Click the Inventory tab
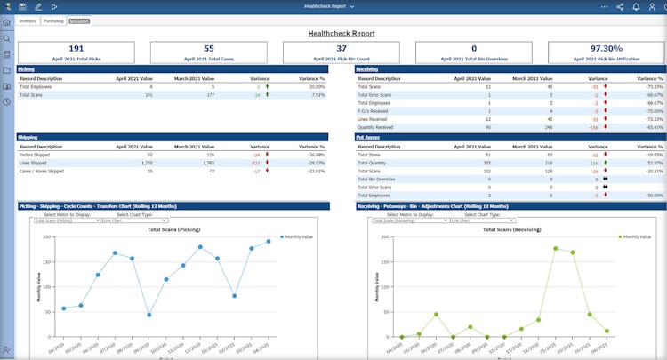[x=27, y=20]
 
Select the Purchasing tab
[x=53, y=20]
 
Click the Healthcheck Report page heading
[x=342, y=33]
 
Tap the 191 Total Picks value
[x=76, y=49]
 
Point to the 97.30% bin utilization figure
[x=607, y=49]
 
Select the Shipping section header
[x=27, y=137]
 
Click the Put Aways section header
[x=367, y=137]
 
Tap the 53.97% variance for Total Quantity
[x=653, y=163]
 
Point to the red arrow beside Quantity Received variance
[x=605, y=127]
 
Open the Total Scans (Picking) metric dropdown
[x=68, y=220]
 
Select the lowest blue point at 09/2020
[x=149, y=315]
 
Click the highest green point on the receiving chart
[x=556, y=249]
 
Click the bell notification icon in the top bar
[x=636, y=6]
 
